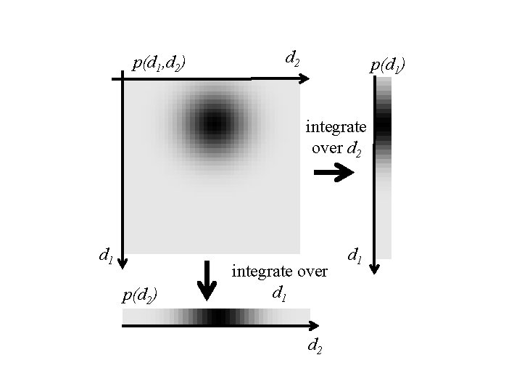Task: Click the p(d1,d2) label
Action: pyautogui.click(x=159, y=63)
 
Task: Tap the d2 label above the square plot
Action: pyautogui.click(x=293, y=57)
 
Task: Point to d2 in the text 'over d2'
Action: pyautogui.click(x=354, y=151)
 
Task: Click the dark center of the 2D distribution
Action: pyautogui.click(x=213, y=123)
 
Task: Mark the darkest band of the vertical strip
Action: pyautogui.click(x=383, y=125)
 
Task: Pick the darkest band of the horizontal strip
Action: pyautogui.click(x=217, y=317)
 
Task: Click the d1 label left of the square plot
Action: pyautogui.click(x=105, y=255)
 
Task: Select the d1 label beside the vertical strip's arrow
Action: pyautogui.click(x=355, y=255)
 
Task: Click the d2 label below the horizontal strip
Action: pyautogui.click(x=315, y=346)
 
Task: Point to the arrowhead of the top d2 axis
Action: pyautogui.click(x=306, y=78)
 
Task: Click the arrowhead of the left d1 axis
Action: pyautogui.click(x=123, y=262)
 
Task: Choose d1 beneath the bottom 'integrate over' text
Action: pyautogui.click(x=278, y=293)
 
